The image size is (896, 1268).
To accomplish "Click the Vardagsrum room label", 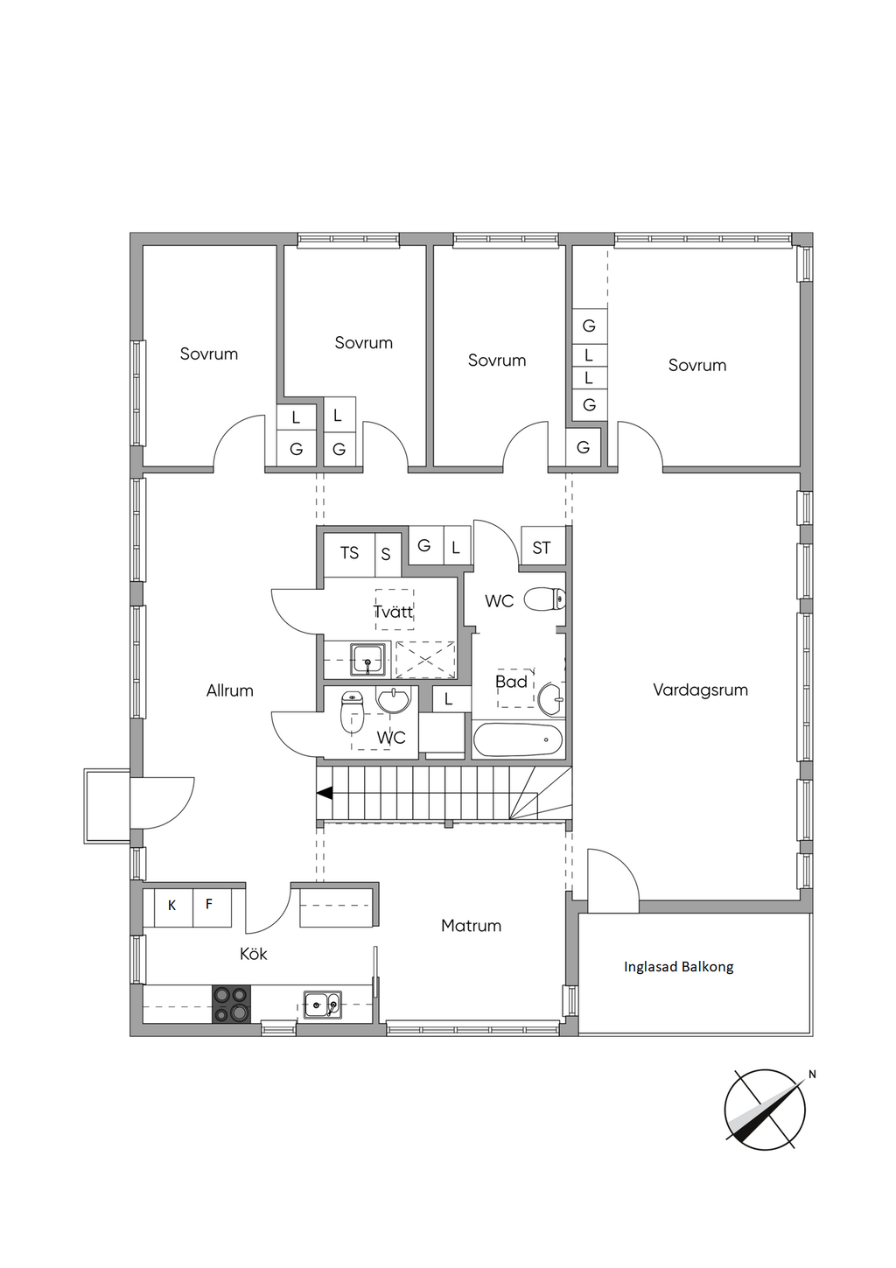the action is [x=700, y=690].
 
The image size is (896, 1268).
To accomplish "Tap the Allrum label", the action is [x=229, y=690].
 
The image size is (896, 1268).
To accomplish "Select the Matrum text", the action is [x=471, y=926].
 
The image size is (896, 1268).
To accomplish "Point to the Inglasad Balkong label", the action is [x=679, y=966].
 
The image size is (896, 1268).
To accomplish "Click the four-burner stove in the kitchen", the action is [x=231, y=1005].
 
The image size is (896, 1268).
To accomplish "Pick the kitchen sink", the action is [x=323, y=1005].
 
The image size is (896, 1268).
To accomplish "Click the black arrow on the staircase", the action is [x=325, y=794].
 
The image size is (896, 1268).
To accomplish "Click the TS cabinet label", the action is [x=349, y=552].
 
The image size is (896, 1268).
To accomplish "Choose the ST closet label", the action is [x=541, y=548].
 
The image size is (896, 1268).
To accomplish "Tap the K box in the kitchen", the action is [x=172, y=906].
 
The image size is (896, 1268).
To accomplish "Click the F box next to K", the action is [x=209, y=904].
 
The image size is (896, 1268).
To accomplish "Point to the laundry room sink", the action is [x=367, y=659].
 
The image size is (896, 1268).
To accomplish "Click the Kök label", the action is [x=253, y=954].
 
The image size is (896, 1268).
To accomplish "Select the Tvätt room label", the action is [x=394, y=612].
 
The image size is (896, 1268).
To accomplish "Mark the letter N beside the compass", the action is [x=812, y=1075].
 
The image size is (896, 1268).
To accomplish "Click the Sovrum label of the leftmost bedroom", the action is [x=209, y=354].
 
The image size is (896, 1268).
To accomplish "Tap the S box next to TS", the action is [x=386, y=554].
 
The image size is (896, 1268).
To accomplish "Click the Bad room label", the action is [x=511, y=682].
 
